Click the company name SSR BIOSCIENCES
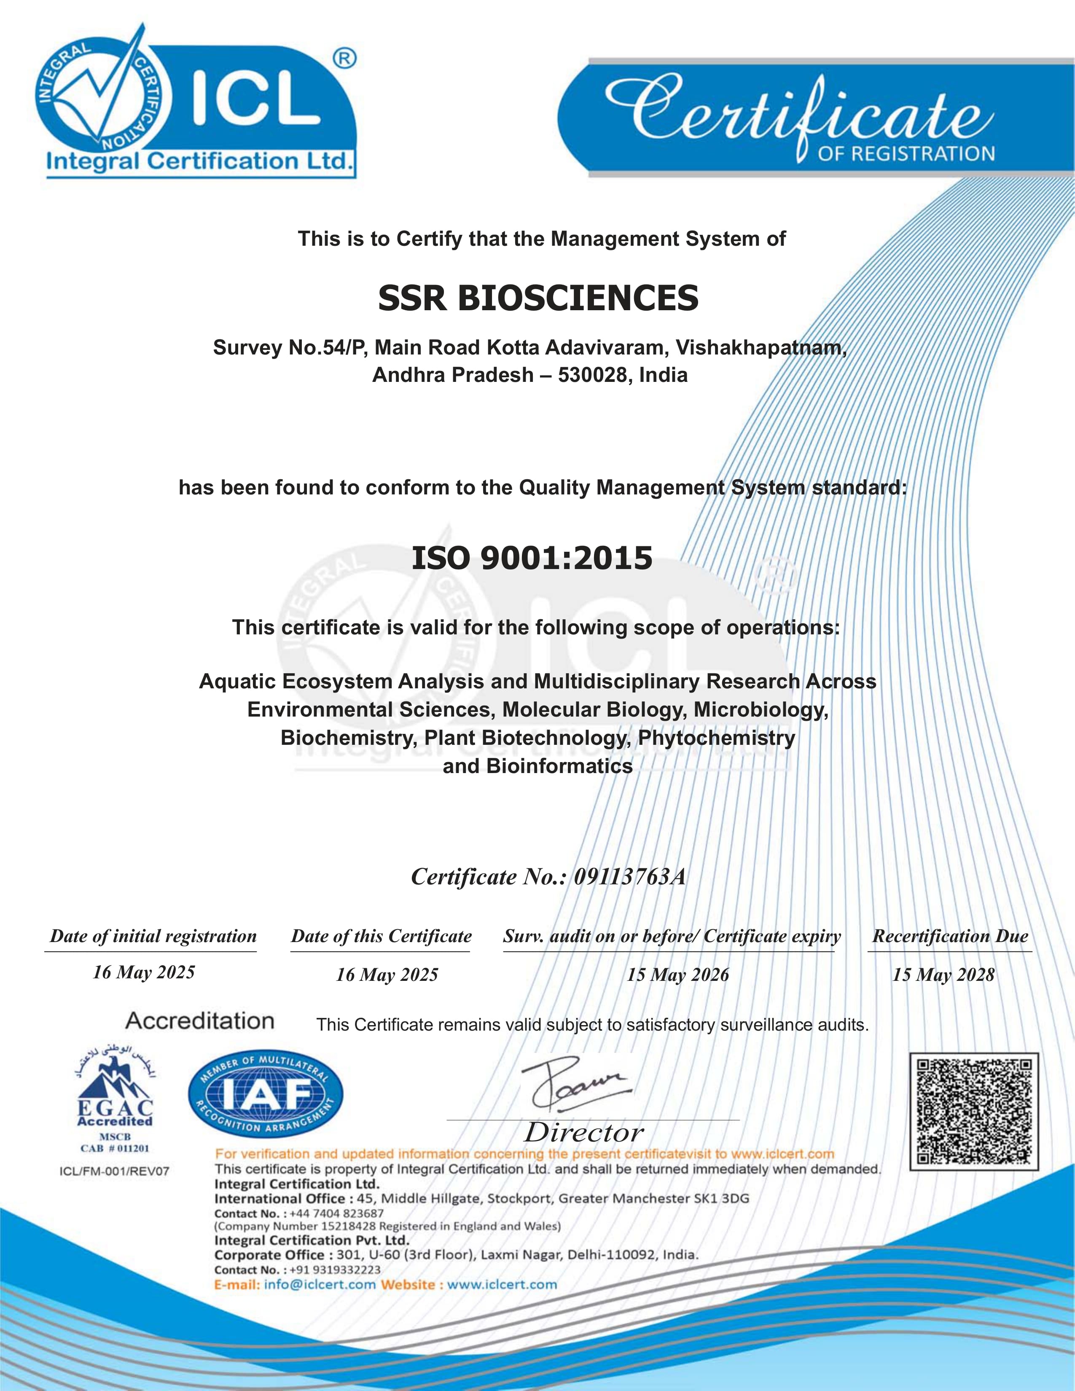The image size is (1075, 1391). tap(538, 298)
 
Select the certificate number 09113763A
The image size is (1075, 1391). tap(629, 877)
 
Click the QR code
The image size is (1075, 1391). tap(974, 1112)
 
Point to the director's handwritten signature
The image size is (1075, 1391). tap(573, 1083)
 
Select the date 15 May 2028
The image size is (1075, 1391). tap(943, 975)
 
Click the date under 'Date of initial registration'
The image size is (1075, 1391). tap(144, 972)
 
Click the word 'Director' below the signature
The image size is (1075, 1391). tap(584, 1133)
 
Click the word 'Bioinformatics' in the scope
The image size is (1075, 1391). tap(559, 766)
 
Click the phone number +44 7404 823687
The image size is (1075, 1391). tap(336, 1213)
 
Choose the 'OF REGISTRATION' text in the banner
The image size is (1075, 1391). tap(906, 154)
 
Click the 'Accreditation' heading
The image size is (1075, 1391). tap(200, 1021)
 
